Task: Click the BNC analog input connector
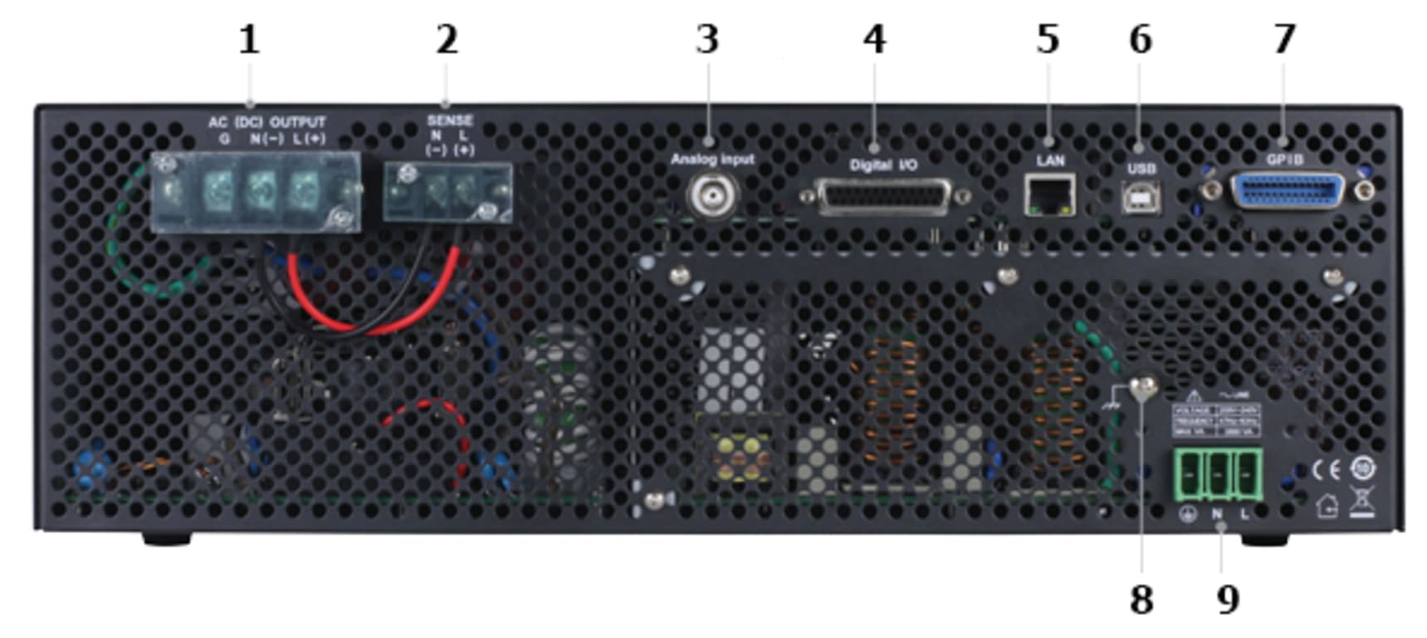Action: click(712, 196)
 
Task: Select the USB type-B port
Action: click(1141, 197)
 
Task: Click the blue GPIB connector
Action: click(1287, 192)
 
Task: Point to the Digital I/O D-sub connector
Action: click(885, 198)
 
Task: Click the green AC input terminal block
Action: click(1218, 475)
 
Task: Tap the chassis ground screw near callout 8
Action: click(1143, 386)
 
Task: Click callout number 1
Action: click(249, 40)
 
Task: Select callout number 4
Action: click(874, 40)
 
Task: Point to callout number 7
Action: click(1285, 40)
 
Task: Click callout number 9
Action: click(1228, 599)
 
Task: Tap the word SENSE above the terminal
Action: click(449, 120)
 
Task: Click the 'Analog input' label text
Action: click(712, 159)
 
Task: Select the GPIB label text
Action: click(1285, 159)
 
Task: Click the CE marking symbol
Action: click(1326, 470)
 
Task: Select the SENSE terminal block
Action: click(448, 193)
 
